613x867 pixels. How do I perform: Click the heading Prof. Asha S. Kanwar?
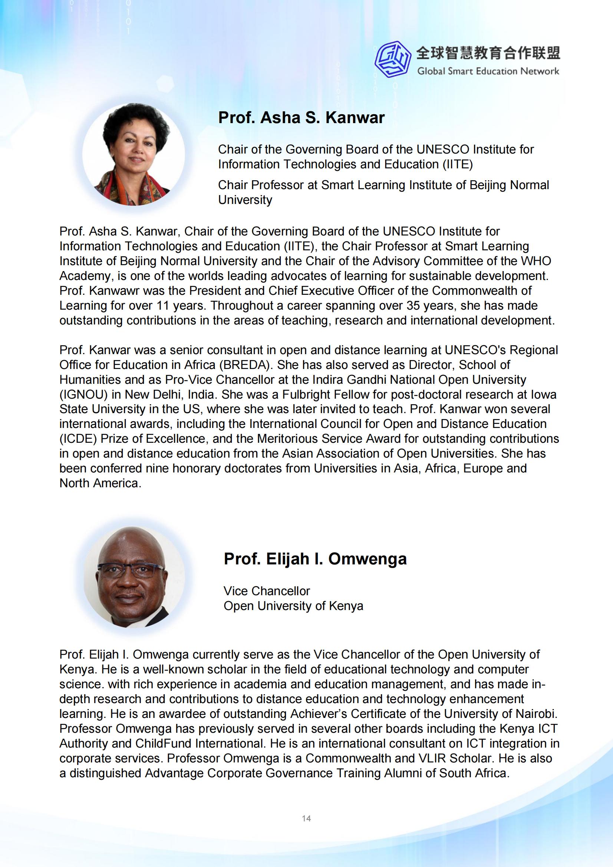pos(301,118)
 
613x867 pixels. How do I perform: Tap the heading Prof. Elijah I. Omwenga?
pos(315,559)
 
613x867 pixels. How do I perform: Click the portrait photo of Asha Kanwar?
pos(134,154)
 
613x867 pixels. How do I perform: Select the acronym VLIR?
pos(428,758)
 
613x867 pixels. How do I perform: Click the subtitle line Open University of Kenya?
pos(293,606)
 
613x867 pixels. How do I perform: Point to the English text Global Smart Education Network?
pos(488,71)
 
